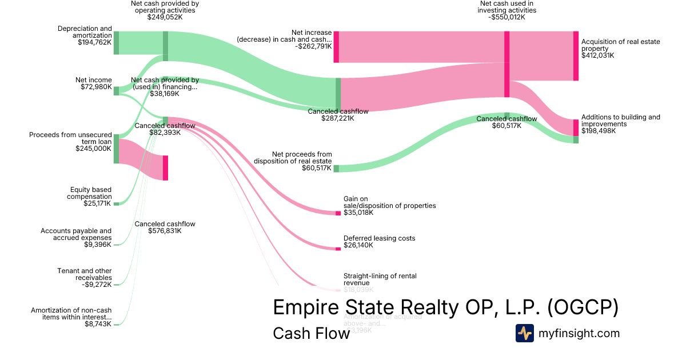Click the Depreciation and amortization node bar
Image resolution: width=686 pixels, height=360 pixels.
click(x=116, y=43)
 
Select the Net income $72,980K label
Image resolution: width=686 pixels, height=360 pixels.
click(x=94, y=83)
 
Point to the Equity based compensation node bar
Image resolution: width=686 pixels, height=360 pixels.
click(x=116, y=203)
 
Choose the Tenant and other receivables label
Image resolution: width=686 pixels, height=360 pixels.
click(x=84, y=277)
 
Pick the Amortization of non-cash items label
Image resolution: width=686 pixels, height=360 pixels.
click(x=71, y=317)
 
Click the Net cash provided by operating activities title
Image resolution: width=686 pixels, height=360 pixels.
click(x=165, y=10)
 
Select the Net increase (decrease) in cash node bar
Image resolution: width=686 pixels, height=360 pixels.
click(x=336, y=47)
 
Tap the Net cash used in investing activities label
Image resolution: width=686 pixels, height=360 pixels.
click(x=507, y=10)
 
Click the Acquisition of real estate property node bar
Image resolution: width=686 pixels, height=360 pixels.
click(x=576, y=56)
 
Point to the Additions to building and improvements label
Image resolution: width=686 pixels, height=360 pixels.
click(x=620, y=124)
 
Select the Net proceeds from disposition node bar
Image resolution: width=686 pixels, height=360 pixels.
click(x=336, y=169)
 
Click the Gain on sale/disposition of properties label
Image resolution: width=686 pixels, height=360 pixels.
click(x=389, y=206)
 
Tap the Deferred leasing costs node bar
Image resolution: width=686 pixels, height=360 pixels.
click(x=338, y=249)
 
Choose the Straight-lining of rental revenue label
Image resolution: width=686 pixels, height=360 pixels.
click(x=380, y=279)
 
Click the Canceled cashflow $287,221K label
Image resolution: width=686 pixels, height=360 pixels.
click(x=338, y=115)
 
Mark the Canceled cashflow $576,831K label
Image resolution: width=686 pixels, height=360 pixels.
click(x=165, y=227)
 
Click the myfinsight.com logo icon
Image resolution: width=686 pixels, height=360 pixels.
click(x=524, y=333)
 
